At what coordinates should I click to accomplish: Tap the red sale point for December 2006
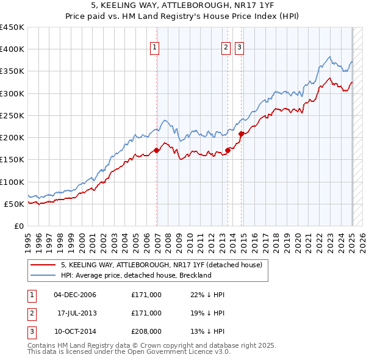(x=157, y=150)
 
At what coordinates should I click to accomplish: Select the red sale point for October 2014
(x=242, y=134)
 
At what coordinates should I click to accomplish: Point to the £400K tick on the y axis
(x=13, y=49)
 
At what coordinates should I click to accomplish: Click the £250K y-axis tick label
(x=13, y=115)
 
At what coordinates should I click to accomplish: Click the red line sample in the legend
(x=43, y=265)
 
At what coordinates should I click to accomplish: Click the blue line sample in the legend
(x=43, y=275)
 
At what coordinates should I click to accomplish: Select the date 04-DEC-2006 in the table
(x=75, y=295)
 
